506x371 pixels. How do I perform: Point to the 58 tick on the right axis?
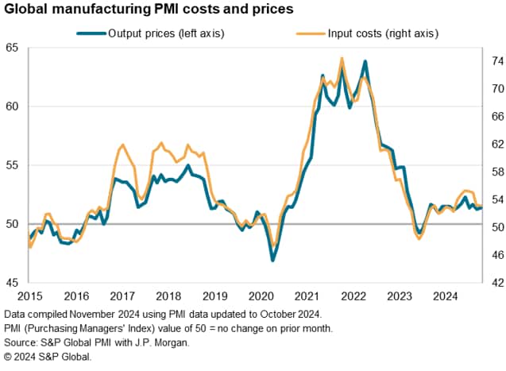tap(493, 172)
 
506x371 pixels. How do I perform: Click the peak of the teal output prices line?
tap(365, 61)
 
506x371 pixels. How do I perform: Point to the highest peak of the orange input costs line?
tap(342, 58)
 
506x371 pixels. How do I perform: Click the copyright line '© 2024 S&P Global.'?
tap(48, 357)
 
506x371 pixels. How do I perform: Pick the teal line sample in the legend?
tap(90, 33)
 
